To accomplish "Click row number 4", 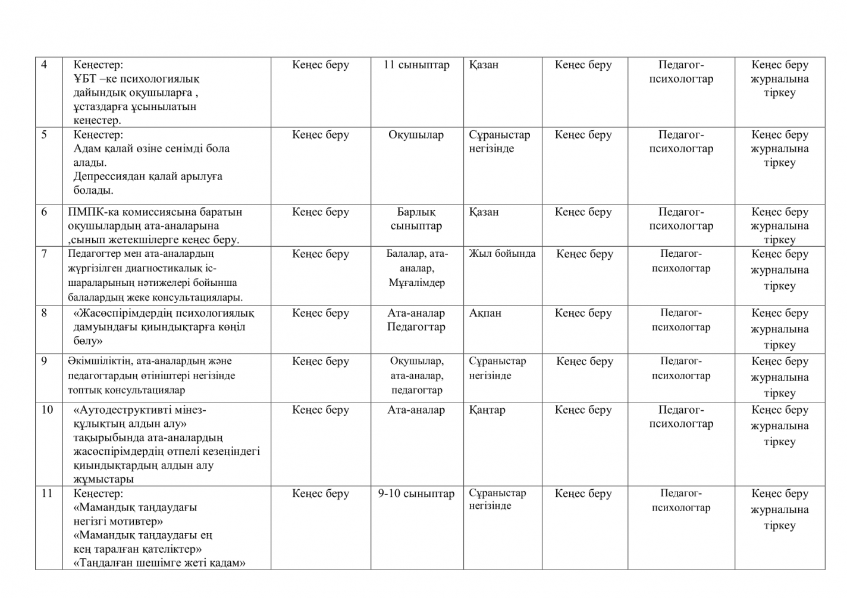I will coord(44,65).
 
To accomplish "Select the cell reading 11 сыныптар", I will coord(416,65).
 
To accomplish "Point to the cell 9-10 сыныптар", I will coord(416,493).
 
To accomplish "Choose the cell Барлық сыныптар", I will coord(416,219).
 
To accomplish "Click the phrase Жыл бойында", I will coord(502,254).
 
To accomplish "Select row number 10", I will coord(47,410).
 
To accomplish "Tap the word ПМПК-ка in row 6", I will coord(89,212).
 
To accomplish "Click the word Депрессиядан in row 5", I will coord(110,177).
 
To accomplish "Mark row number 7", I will coord(44,254).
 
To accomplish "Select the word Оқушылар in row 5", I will coord(416,135).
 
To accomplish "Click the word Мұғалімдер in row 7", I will coord(416,283).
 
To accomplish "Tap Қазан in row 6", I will coord(484,212).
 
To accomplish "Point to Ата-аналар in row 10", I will coord(416,410).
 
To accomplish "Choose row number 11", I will coord(47,493).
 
